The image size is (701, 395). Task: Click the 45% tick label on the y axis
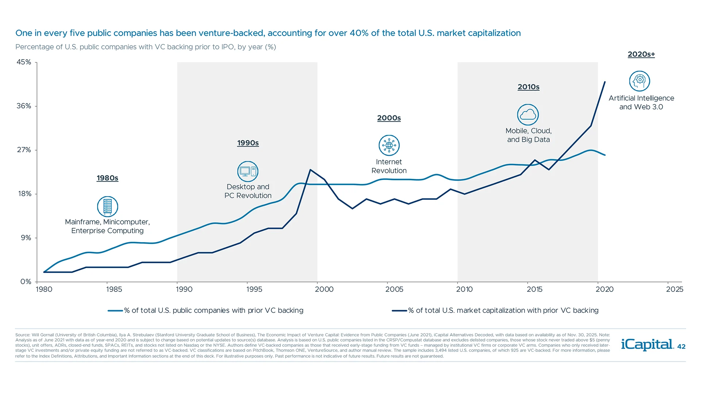click(24, 62)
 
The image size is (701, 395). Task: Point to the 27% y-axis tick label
click(24, 150)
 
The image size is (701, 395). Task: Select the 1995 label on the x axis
click(254, 289)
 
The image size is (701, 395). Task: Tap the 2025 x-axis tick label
click(674, 289)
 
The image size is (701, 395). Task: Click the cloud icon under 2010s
click(528, 115)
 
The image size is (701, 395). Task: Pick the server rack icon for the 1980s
click(107, 207)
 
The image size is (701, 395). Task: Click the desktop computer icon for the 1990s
click(248, 172)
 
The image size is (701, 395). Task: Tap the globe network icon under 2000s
click(389, 146)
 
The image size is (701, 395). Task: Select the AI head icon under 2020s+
click(639, 81)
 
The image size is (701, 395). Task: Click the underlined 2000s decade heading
click(389, 118)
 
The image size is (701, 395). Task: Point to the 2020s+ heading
click(641, 54)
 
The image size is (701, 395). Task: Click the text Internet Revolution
click(389, 166)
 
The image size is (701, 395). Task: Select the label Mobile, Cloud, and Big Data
click(528, 135)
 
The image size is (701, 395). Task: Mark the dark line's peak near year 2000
click(310, 170)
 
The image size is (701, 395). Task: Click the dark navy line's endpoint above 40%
click(605, 82)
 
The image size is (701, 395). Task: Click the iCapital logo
click(647, 345)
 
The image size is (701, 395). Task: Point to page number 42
click(681, 347)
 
